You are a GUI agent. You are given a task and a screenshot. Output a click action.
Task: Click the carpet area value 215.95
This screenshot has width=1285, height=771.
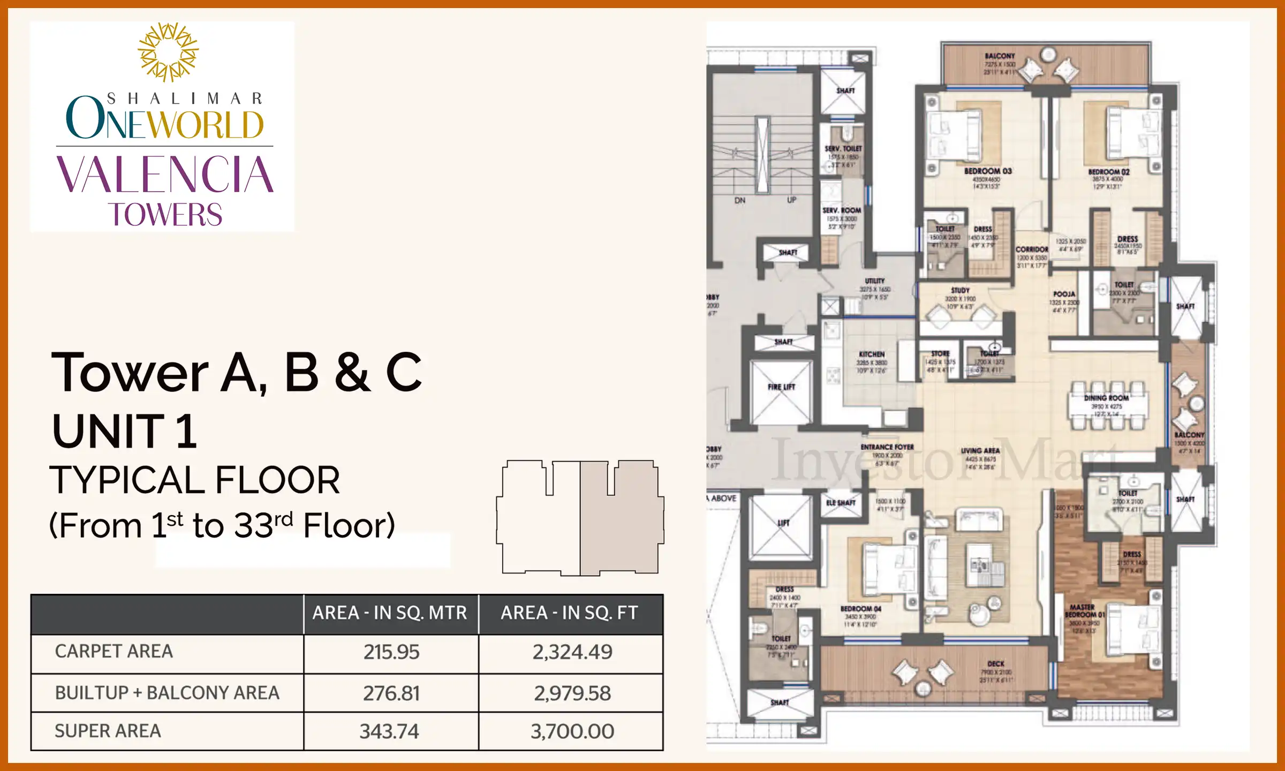point(391,652)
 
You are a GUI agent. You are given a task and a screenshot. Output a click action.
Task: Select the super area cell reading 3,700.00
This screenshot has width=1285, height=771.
point(572,731)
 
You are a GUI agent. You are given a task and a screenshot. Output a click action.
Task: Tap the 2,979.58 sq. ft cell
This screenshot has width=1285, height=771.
point(572,693)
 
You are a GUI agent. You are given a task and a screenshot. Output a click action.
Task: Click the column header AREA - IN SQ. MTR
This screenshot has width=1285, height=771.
point(390,613)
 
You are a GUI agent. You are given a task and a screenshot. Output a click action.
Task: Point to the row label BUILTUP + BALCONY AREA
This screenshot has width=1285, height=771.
point(167,693)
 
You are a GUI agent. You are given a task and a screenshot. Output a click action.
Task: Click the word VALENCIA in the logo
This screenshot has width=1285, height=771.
point(165,175)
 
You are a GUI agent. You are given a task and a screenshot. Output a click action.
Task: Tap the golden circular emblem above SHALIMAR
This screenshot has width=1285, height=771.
point(168,52)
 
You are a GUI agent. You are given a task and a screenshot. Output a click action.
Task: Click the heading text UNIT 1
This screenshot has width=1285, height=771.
point(125,431)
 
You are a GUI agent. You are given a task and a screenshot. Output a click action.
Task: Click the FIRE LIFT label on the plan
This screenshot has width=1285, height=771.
point(781,387)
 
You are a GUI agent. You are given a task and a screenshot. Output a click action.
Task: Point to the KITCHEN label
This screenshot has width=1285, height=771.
point(872,354)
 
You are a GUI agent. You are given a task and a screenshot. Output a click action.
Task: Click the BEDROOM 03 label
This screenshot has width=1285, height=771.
point(988,171)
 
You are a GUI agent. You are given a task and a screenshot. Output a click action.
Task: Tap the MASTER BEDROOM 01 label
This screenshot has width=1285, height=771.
point(1084,611)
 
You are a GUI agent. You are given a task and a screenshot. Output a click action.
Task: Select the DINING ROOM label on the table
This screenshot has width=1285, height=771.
point(1106,398)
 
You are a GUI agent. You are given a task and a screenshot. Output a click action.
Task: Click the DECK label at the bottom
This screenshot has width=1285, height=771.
point(995,663)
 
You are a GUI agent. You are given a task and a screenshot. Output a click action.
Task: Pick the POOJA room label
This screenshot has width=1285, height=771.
point(1064,294)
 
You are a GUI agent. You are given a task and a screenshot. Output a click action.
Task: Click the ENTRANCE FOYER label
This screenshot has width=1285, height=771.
point(887,447)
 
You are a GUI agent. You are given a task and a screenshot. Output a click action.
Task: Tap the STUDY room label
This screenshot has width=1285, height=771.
point(960,290)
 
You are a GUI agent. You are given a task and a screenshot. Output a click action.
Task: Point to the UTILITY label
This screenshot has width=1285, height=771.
point(875,281)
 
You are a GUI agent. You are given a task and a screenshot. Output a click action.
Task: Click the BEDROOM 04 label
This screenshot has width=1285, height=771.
point(860,609)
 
